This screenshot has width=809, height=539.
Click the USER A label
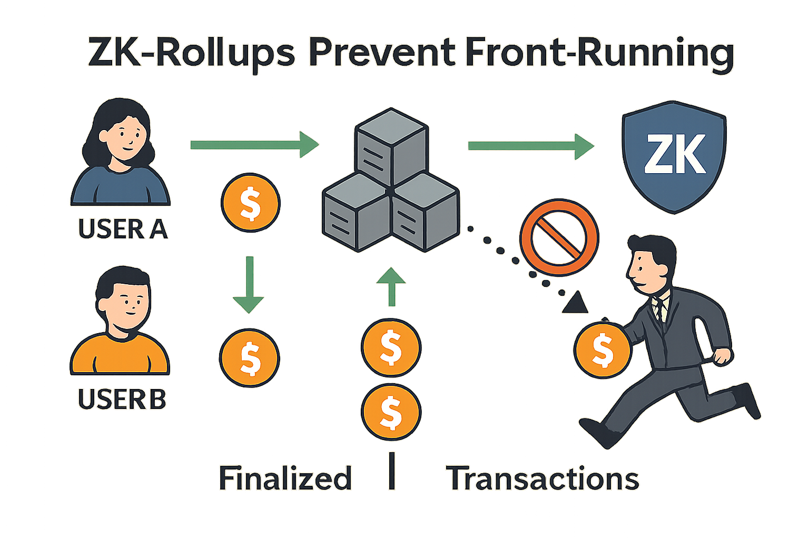123,229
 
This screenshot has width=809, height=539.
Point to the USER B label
122,400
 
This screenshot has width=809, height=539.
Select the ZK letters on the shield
675,155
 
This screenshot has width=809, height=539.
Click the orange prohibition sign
559,237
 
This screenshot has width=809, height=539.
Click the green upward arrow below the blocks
391,286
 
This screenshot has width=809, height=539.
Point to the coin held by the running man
602,350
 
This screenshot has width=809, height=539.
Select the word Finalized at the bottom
285,478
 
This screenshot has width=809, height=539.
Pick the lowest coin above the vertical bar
391,412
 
